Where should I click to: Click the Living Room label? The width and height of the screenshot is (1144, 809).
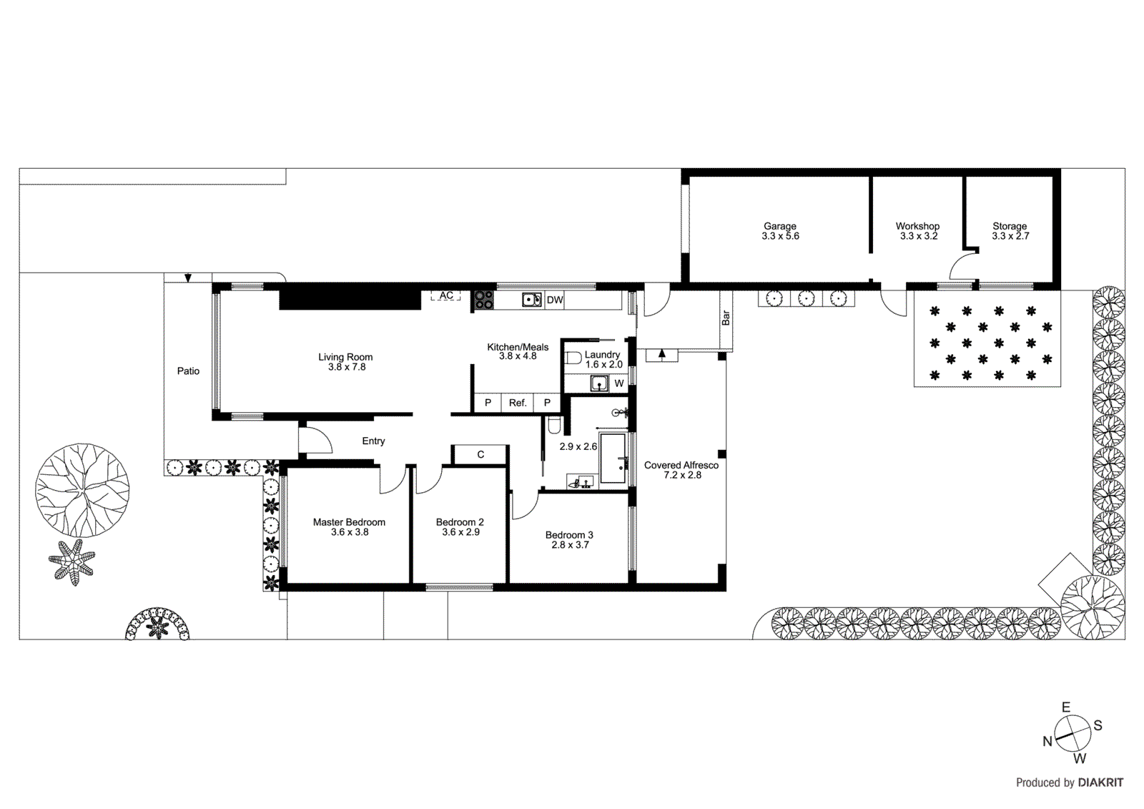[x=345, y=357]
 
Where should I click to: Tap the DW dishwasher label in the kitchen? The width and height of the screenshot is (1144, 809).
[x=555, y=300]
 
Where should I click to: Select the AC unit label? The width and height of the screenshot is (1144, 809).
[x=446, y=295]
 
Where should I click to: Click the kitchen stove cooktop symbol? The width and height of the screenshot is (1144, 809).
[x=484, y=300]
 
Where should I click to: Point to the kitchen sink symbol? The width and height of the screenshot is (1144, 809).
[x=531, y=300]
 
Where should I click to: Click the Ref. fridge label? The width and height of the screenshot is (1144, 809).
[x=518, y=403]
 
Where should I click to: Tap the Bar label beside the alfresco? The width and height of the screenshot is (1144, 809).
[x=726, y=318]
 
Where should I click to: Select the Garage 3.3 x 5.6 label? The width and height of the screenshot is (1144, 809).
[x=779, y=231]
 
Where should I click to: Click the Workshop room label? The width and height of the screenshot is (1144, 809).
[x=917, y=226]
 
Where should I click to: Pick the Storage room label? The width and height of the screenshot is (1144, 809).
[x=1009, y=226]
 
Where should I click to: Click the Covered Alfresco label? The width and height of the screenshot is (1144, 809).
[x=681, y=465]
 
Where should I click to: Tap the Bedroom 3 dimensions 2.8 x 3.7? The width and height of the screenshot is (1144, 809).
[x=570, y=545]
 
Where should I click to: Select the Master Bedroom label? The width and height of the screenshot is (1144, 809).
[x=349, y=522]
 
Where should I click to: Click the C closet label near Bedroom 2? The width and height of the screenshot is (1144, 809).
[x=480, y=454]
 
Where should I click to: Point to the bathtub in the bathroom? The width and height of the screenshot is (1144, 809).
[x=613, y=458]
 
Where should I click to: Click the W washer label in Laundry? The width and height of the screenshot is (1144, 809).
[x=619, y=383]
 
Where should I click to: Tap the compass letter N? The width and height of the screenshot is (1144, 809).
[x=1047, y=742]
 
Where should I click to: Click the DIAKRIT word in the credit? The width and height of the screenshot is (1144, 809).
[x=1100, y=783]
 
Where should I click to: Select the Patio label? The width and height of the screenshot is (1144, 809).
[x=188, y=371]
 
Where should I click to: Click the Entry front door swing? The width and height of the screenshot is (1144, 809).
[x=317, y=440]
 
